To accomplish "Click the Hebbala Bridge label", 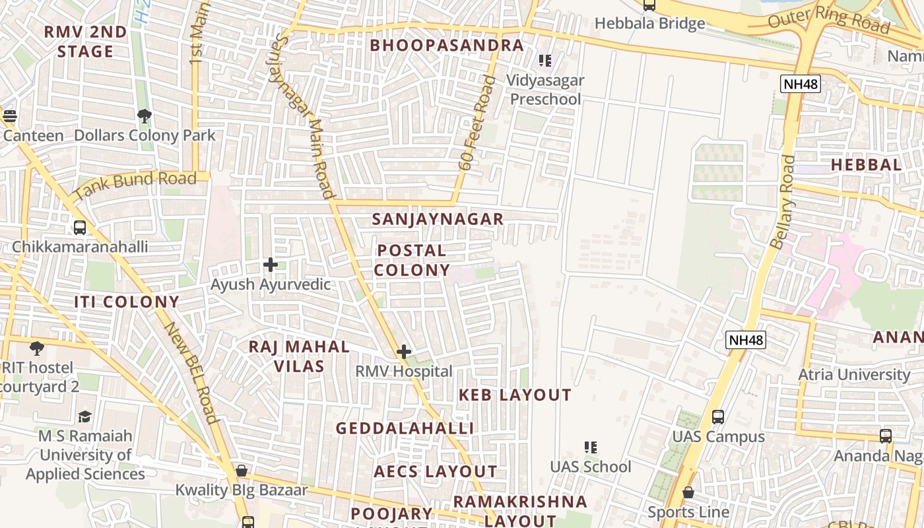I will click(649, 24).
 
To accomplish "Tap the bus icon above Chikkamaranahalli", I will click(80, 228).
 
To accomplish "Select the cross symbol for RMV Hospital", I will click(404, 352).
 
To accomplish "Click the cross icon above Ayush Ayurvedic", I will click(271, 265).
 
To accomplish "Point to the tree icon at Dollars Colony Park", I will click(145, 117).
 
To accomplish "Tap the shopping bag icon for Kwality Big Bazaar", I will click(242, 471).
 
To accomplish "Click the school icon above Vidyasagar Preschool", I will click(545, 61).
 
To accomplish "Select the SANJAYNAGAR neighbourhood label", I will click(438, 219).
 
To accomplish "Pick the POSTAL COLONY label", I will click(412, 260).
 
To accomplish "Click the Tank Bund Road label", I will click(135, 185).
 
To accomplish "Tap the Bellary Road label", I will click(783, 202).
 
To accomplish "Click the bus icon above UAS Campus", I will click(718, 417).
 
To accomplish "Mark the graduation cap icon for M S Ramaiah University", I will click(85, 416).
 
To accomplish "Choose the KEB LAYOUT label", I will click(515, 395).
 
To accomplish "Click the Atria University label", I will click(854, 375).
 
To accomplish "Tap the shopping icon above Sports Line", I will click(688, 492).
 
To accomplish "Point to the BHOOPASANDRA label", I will click(447, 46).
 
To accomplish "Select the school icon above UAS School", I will click(591, 447).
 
